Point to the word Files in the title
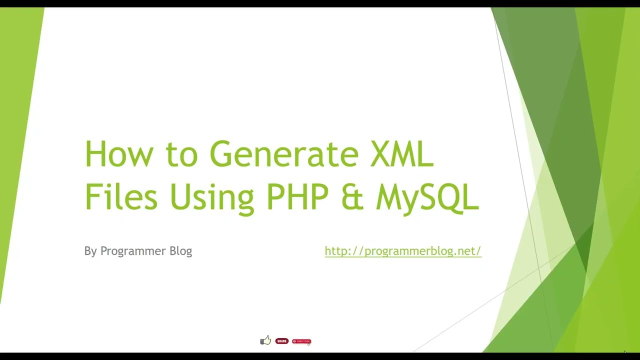pyautogui.click(x=121, y=196)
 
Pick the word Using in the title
pyautogui.click(x=211, y=197)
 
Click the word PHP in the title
pyautogui.click(x=297, y=196)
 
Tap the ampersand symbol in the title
pyautogui.click(x=352, y=197)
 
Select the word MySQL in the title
pyautogui.click(x=427, y=197)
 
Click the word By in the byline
pyautogui.click(x=90, y=251)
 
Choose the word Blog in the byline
pyautogui.click(x=180, y=251)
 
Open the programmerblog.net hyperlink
pyautogui.click(x=402, y=251)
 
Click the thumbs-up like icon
pyautogui.click(x=265, y=340)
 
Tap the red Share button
pyautogui.click(x=282, y=341)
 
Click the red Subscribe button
pyautogui.click(x=301, y=341)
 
